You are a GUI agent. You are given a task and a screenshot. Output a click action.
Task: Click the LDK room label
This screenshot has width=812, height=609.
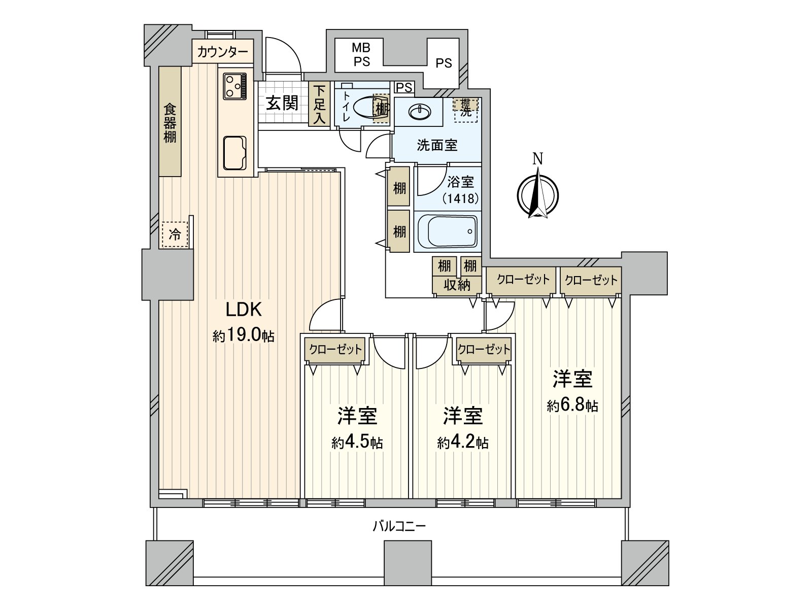[x=243, y=309]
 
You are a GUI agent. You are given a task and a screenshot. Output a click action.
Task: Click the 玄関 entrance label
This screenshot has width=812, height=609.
[x=282, y=104]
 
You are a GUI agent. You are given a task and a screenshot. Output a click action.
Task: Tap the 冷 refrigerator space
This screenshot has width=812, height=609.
[x=175, y=235]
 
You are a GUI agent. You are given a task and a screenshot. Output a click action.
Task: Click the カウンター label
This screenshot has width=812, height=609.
[x=222, y=52]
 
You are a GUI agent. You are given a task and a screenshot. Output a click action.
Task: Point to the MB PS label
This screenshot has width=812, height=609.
[x=361, y=55]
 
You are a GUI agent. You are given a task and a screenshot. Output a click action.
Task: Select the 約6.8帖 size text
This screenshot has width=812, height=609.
[x=572, y=405]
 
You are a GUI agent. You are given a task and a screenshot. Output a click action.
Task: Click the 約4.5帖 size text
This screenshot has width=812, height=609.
[x=357, y=443]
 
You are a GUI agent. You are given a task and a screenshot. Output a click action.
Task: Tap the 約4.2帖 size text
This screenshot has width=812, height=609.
[x=462, y=443]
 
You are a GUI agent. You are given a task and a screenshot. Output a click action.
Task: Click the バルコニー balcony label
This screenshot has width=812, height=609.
[x=399, y=526]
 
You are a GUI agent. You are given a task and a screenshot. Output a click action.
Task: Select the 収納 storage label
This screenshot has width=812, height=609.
[x=456, y=285]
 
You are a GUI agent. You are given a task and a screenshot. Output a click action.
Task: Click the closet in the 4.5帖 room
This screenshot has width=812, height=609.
[x=335, y=349]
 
